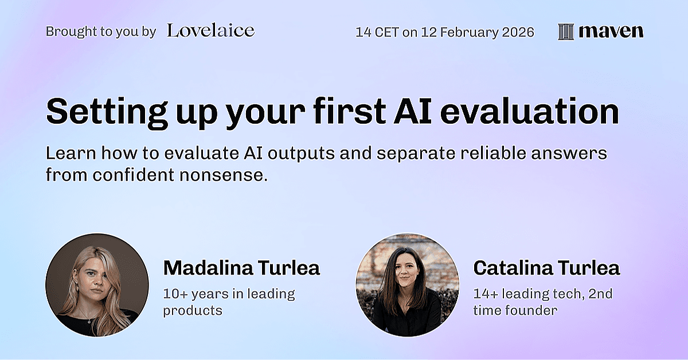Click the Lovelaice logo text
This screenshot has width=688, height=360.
point(211,31)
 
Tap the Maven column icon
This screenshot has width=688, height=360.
point(566,32)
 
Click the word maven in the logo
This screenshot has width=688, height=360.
point(611,32)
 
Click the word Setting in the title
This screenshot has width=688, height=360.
point(107,112)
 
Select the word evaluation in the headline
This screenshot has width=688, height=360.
point(530,111)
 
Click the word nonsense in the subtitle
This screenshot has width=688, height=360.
point(223,175)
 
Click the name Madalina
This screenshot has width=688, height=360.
point(208,268)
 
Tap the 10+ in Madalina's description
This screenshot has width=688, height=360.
point(175,294)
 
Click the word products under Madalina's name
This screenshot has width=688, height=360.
point(192,311)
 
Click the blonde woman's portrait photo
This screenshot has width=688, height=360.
point(97,285)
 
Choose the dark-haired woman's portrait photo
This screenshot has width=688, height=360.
point(408,285)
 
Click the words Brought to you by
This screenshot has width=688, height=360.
point(101,32)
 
